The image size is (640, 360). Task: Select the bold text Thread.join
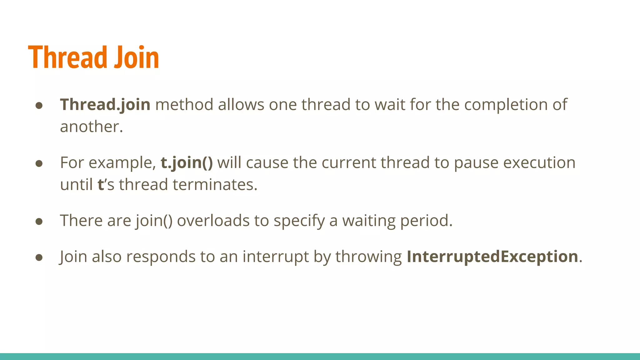point(105,104)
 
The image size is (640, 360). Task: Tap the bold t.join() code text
point(187,162)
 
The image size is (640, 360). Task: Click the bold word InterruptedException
point(492,257)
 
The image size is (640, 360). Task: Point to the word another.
point(91,127)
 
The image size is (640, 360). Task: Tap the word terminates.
point(215,184)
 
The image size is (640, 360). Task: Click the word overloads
point(213,221)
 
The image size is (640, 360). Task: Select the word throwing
point(368,257)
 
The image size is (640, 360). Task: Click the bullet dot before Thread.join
point(39,106)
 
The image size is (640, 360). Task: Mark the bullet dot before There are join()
point(39,222)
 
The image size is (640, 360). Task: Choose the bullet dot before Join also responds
point(39,257)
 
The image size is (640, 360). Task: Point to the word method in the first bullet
point(184,104)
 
